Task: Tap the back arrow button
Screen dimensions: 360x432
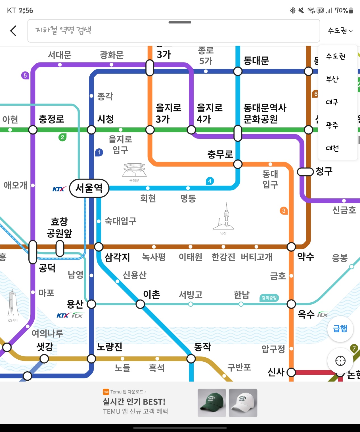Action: pyautogui.click(x=13, y=31)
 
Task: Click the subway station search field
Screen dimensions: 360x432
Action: pyautogui.click(x=173, y=31)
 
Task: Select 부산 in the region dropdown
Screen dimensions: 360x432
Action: pyautogui.click(x=332, y=79)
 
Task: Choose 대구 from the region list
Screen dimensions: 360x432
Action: pyautogui.click(x=332, y=102)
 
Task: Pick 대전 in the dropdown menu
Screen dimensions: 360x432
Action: pyautogui.click(x=332, y=148)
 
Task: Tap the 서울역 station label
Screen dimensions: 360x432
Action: pyautogui.click(x=89, y=188)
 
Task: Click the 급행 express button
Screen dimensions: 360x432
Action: pyautogui.click(x=340, y=329)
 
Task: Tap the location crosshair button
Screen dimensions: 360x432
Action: pyautogui.click(x=340, y=361)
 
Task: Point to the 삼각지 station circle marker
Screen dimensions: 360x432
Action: pyautogui.click(x=99, y=247)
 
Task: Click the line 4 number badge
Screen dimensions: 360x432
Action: pyautogui.click(x=210, y=181)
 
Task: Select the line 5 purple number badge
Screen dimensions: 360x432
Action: pyautogui.click(x=25, y=75)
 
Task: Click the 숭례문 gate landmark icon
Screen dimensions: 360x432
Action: pyautogui.click(x=134, y=170)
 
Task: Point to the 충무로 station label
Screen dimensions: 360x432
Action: pyautogui.click(x=220, y=154)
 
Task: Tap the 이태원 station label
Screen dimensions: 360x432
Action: pyautogui.click(x=190, y=257)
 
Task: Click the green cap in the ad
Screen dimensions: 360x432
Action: pyautogui.click(x=212, y=403)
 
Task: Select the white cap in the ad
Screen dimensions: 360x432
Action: pyautogui.click(x=243, y=403)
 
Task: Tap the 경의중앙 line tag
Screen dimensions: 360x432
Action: pyautogui.click(x=269, y=298)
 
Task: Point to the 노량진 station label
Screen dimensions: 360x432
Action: pyautogui.click(x=109, y=347)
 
